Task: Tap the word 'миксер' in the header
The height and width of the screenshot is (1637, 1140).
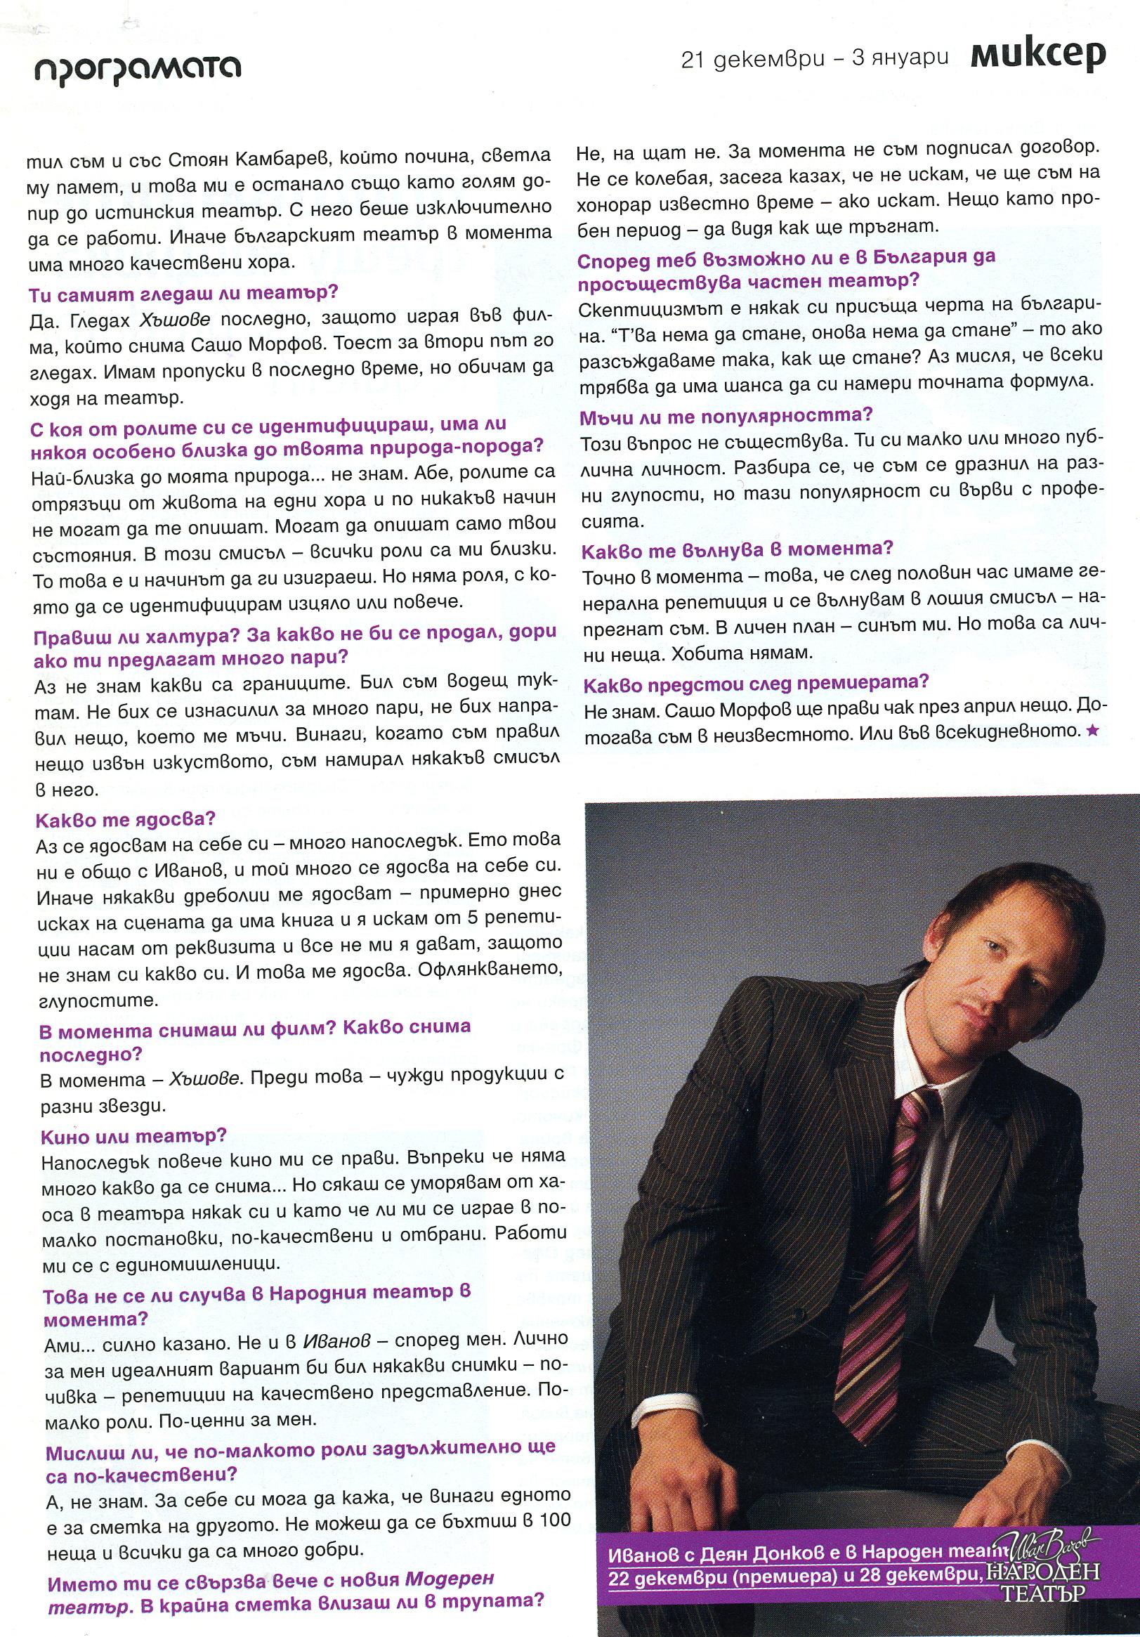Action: click(x=1037, y=56)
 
